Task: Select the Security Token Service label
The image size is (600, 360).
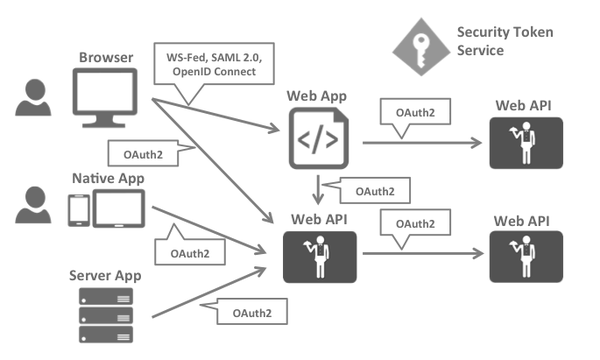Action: coord(505,41)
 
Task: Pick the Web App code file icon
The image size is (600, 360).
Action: coord(319,137)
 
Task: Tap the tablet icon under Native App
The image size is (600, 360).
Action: coord(121,209)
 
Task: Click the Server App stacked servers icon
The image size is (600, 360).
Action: coord(105,315)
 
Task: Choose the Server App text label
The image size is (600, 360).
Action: coord(105,275)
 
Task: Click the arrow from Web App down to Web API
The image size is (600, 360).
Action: coord(318,187)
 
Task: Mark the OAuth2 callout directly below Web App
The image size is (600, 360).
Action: coord(372,191)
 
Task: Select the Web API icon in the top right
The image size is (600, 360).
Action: coord(527,144)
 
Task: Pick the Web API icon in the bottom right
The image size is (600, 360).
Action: coord(527,257)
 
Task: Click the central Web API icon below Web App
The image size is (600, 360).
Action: coord(318,256)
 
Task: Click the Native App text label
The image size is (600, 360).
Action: coord(108,178)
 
